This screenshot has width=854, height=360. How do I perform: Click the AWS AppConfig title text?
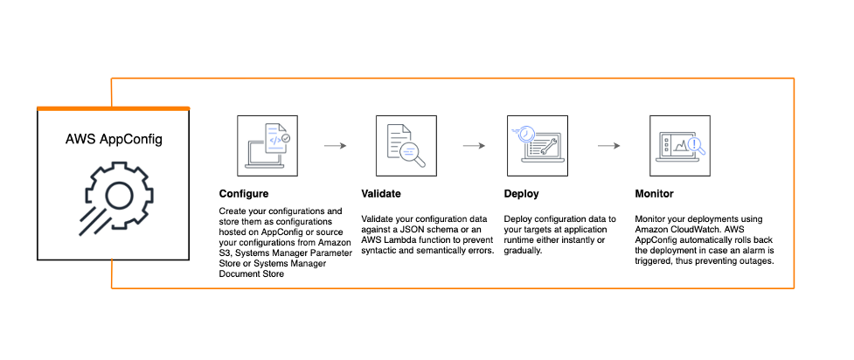114,139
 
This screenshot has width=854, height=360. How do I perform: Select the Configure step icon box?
267,145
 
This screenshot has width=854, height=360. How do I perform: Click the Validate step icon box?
406,145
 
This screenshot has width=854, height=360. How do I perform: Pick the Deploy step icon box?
538,145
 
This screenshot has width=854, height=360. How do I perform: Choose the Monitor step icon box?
680,145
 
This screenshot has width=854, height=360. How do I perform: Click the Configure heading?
244,194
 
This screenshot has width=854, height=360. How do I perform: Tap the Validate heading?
381,194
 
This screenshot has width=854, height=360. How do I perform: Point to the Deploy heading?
521,194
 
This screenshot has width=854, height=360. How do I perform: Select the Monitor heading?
654,194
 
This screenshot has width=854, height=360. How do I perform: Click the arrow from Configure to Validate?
336,145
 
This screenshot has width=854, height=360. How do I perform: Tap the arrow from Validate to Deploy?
475,145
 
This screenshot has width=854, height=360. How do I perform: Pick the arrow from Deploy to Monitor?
609,145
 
